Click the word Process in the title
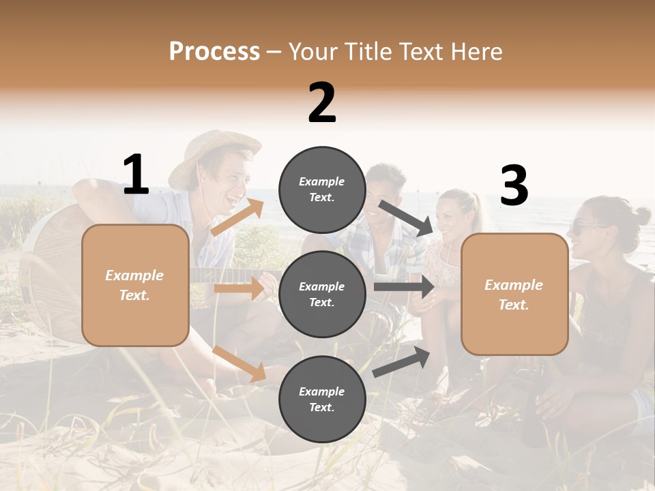coord(214,52)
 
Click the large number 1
coord(136,175)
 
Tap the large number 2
coord(322,103)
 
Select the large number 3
coord(514,186)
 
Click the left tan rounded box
coord(135,285)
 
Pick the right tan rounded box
coord(514,294)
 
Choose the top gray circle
coord(322,190)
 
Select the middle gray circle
coord(322,294)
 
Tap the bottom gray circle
coord(322,399)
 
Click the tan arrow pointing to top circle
coord(237,217)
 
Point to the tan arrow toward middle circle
coord(239,288)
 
